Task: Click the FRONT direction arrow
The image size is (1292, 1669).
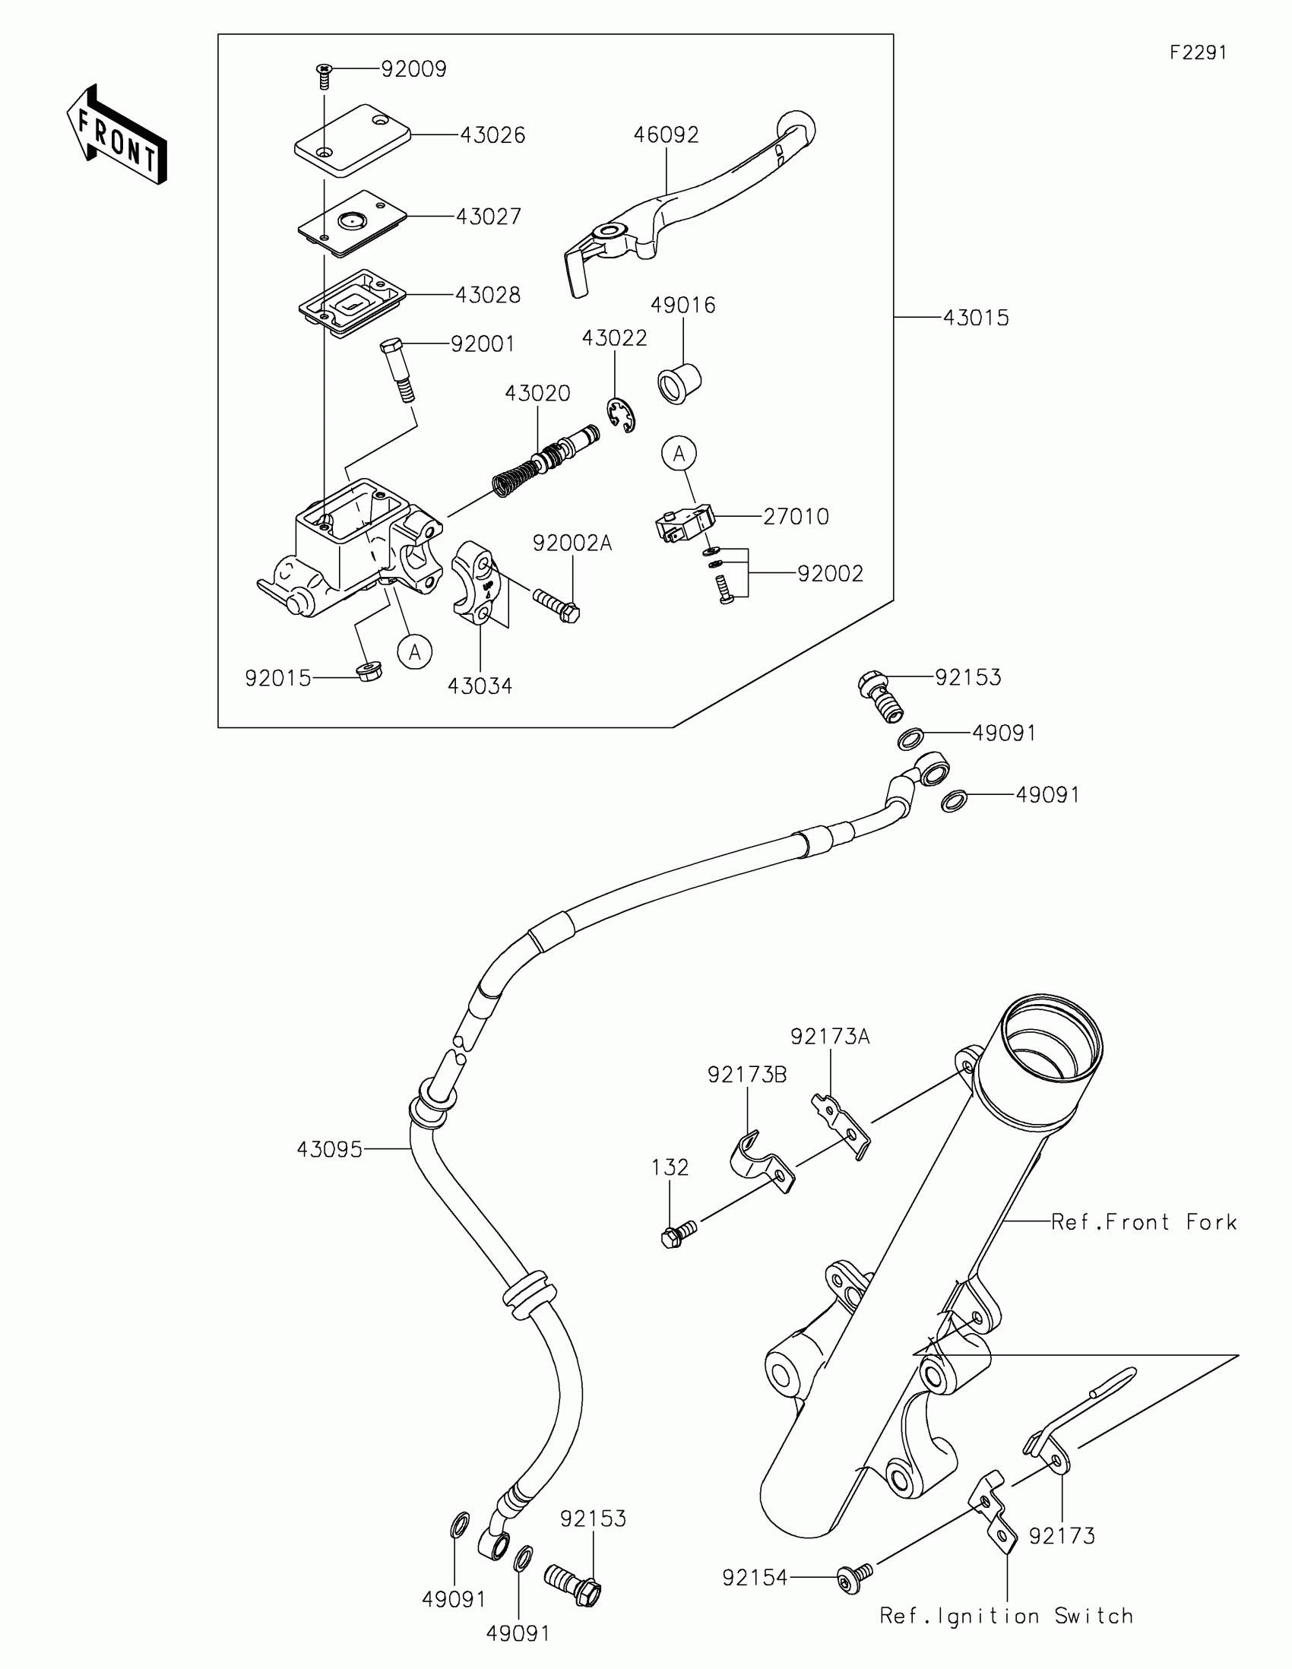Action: pos(116,135)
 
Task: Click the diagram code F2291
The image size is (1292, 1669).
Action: pos(1198,52)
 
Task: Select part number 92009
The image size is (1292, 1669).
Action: pos(413,70)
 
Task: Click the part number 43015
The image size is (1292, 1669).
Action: pos(976,318)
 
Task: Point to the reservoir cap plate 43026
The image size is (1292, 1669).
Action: pos(352,139)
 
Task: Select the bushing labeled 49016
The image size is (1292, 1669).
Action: pos(679,383)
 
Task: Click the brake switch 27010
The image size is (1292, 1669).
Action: pos(682,524)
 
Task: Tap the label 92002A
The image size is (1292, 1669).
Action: pos(572,543)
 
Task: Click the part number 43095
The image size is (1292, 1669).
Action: pos(329,1149)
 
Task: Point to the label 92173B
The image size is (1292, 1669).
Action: pos(746,1075)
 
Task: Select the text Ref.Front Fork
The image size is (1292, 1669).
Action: pos(1143,1222)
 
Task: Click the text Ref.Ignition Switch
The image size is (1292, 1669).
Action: pos(1005,1616)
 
